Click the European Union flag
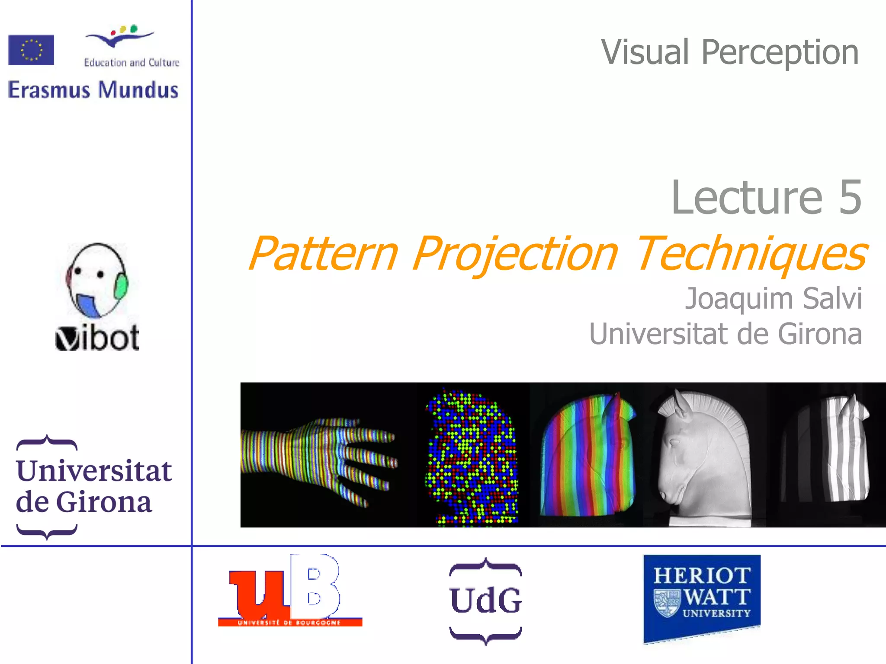tap(31, 50)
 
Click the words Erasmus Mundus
tap(93, 90)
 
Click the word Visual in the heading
tap(645, 52)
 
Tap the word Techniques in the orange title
tap(751, 254)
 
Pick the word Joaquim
tap(740, 299)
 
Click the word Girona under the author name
tap(820, 334)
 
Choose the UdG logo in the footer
tap(485, 601)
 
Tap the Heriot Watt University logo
tap(702, 597)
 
